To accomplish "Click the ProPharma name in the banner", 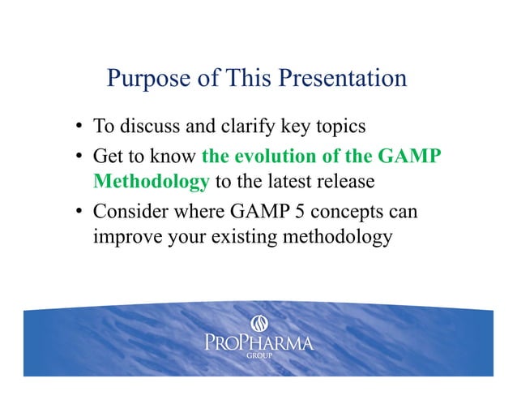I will click(x=258, y=344).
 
